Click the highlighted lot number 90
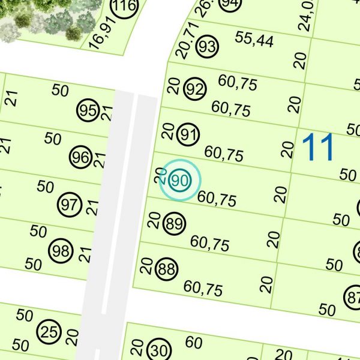coord(179,180)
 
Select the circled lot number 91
coord(188,136)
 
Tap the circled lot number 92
coord(195,90)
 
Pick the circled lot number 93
coord(208,46)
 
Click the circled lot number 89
coord(175,225)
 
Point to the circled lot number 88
coord(167,269)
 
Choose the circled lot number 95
coord(88,111)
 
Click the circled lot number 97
coord(69,205)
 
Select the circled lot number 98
coord(61,251)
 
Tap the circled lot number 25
coord(49,331)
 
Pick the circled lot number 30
coord(159,350)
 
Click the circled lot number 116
coord(124,8)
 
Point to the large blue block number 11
coord(318,147)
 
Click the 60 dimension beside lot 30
coord(194,343)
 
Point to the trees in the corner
coord(42,18)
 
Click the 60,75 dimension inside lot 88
coord(203,289)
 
